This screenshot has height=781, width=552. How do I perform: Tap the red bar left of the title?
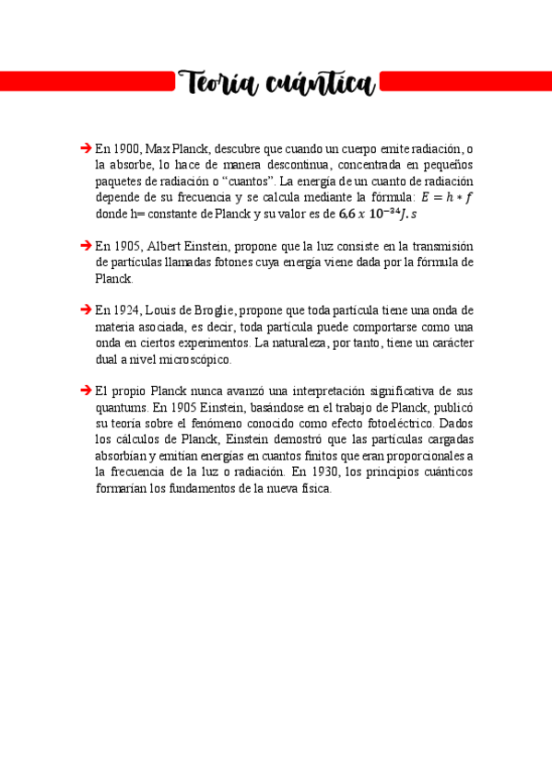coord(88,83)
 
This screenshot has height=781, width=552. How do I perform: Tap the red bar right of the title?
coord(465,83)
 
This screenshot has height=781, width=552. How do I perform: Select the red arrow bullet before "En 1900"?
coord(86,147)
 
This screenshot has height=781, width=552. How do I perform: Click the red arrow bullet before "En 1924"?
coord(86,310)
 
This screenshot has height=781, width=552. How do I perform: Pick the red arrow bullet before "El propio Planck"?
coord(86,391)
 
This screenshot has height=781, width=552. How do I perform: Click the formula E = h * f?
coord(446,197)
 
